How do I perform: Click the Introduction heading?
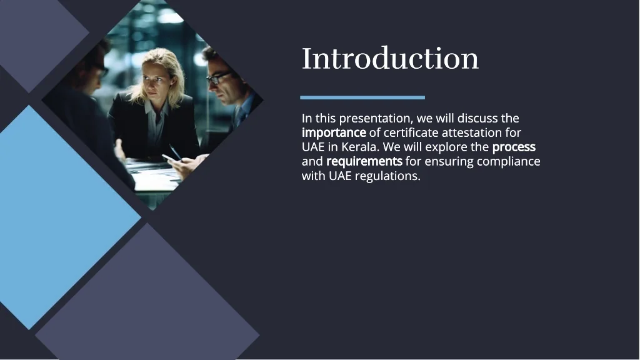pyautogui.click(x=390, y=58)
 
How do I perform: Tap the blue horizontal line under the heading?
pyautogui.click(x=362, y=97)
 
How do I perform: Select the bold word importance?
pyautogui.click(x=334, y=133)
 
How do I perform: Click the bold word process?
pyautogui.click(x=514, y=147)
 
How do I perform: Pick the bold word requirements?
pyautogui.click(x=364, y=162)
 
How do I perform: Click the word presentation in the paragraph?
pyautogui.click(x=376, y=119)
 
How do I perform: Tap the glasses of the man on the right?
pyautogui.click(x=219, y=77)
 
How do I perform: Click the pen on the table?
pyautogui.click(x=175, y=152)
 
